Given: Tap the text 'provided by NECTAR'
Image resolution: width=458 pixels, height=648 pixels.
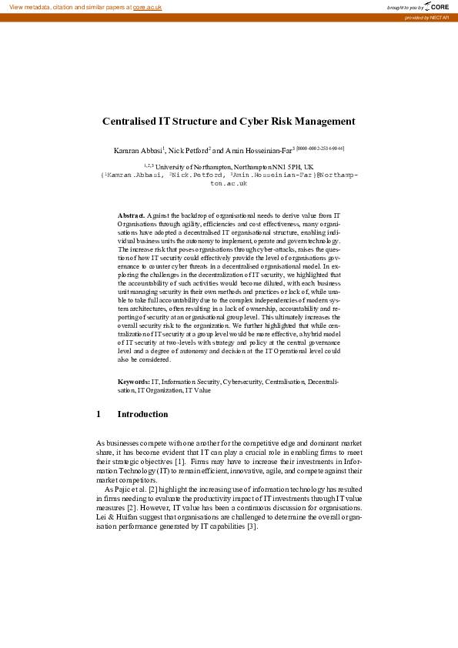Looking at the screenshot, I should pyautogui.click(x=430, y=18).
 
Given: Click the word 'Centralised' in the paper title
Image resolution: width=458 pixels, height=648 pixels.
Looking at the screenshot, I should pyautogui.click(x=129, y=121).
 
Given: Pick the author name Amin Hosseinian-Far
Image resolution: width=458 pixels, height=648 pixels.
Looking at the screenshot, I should pyautogui.click(x=257, y=150).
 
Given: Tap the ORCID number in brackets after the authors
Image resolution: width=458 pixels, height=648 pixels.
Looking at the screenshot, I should pyautogui.click(x=319, y=148).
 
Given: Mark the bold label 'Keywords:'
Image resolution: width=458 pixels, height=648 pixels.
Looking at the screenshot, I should pyautogui.click(x=133, y=381).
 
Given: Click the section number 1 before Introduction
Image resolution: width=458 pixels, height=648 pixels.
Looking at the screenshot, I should pyautogui.click(x=99, y=415).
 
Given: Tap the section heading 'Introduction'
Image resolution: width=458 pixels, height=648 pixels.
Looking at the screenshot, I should pyautogui.click(x=142, y=415).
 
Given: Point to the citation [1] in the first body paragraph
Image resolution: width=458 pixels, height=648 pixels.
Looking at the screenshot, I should pyautogui.click(x=179, y=461).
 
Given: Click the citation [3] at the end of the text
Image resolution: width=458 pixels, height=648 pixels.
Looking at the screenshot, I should pyautogui.click(x=251, y=526).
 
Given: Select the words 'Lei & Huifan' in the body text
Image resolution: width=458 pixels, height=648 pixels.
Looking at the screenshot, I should pyautogui.click(x=116, y=517).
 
